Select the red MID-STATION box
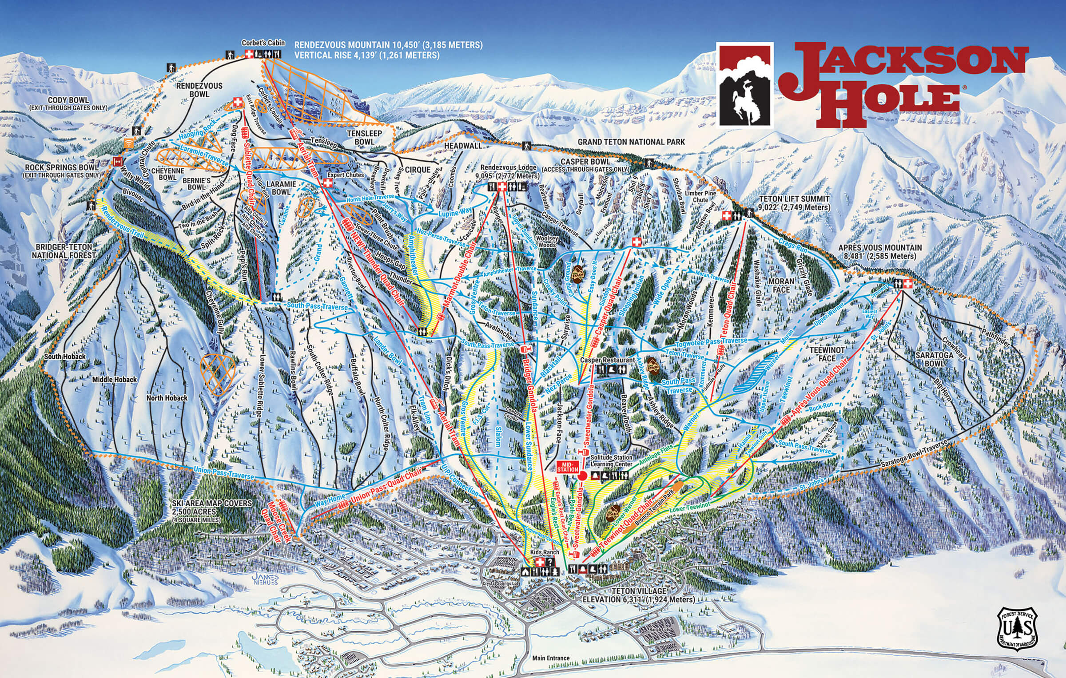click(568, 467)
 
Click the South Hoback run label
click(65, 357)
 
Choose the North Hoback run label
click(167, 398)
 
